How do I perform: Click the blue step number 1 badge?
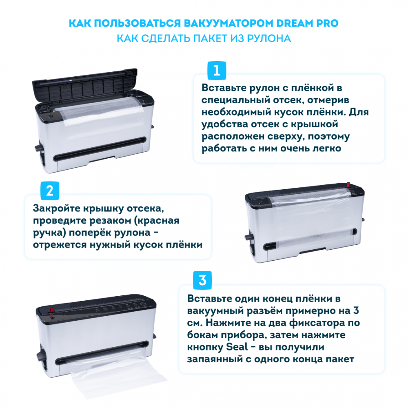tap(217, 71)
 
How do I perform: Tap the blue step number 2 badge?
tap(50, 191)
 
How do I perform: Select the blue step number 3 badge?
tap(202, 280)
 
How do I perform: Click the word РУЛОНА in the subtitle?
tap(269, 38)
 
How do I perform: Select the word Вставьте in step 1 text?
tap(224, 88)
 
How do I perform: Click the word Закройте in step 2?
tap(56, 208)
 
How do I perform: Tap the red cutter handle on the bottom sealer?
tap(51, 309)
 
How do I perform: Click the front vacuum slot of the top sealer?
tap(100, 149)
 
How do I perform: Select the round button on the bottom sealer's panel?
tap(143, 304)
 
